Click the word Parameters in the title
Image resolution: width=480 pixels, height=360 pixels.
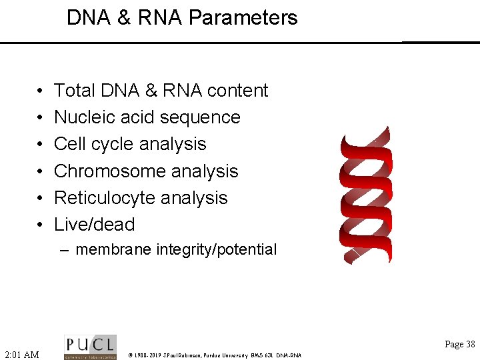[x=243, y=17]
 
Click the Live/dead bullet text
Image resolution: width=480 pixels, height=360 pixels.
[x=94, y=225]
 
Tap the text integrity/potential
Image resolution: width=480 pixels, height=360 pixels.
[x=216, y=250]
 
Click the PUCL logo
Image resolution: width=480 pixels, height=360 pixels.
[x=90, y=347]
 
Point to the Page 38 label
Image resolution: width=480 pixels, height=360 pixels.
[x=460, y=344]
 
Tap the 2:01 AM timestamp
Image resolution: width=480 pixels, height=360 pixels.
[x=22, y=355]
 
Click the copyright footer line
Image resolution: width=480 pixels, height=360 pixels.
[x=215, y=355]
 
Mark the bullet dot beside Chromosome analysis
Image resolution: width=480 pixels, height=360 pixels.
[x=39, y=172]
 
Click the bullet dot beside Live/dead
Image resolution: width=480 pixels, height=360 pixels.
[x=39, y=225]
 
